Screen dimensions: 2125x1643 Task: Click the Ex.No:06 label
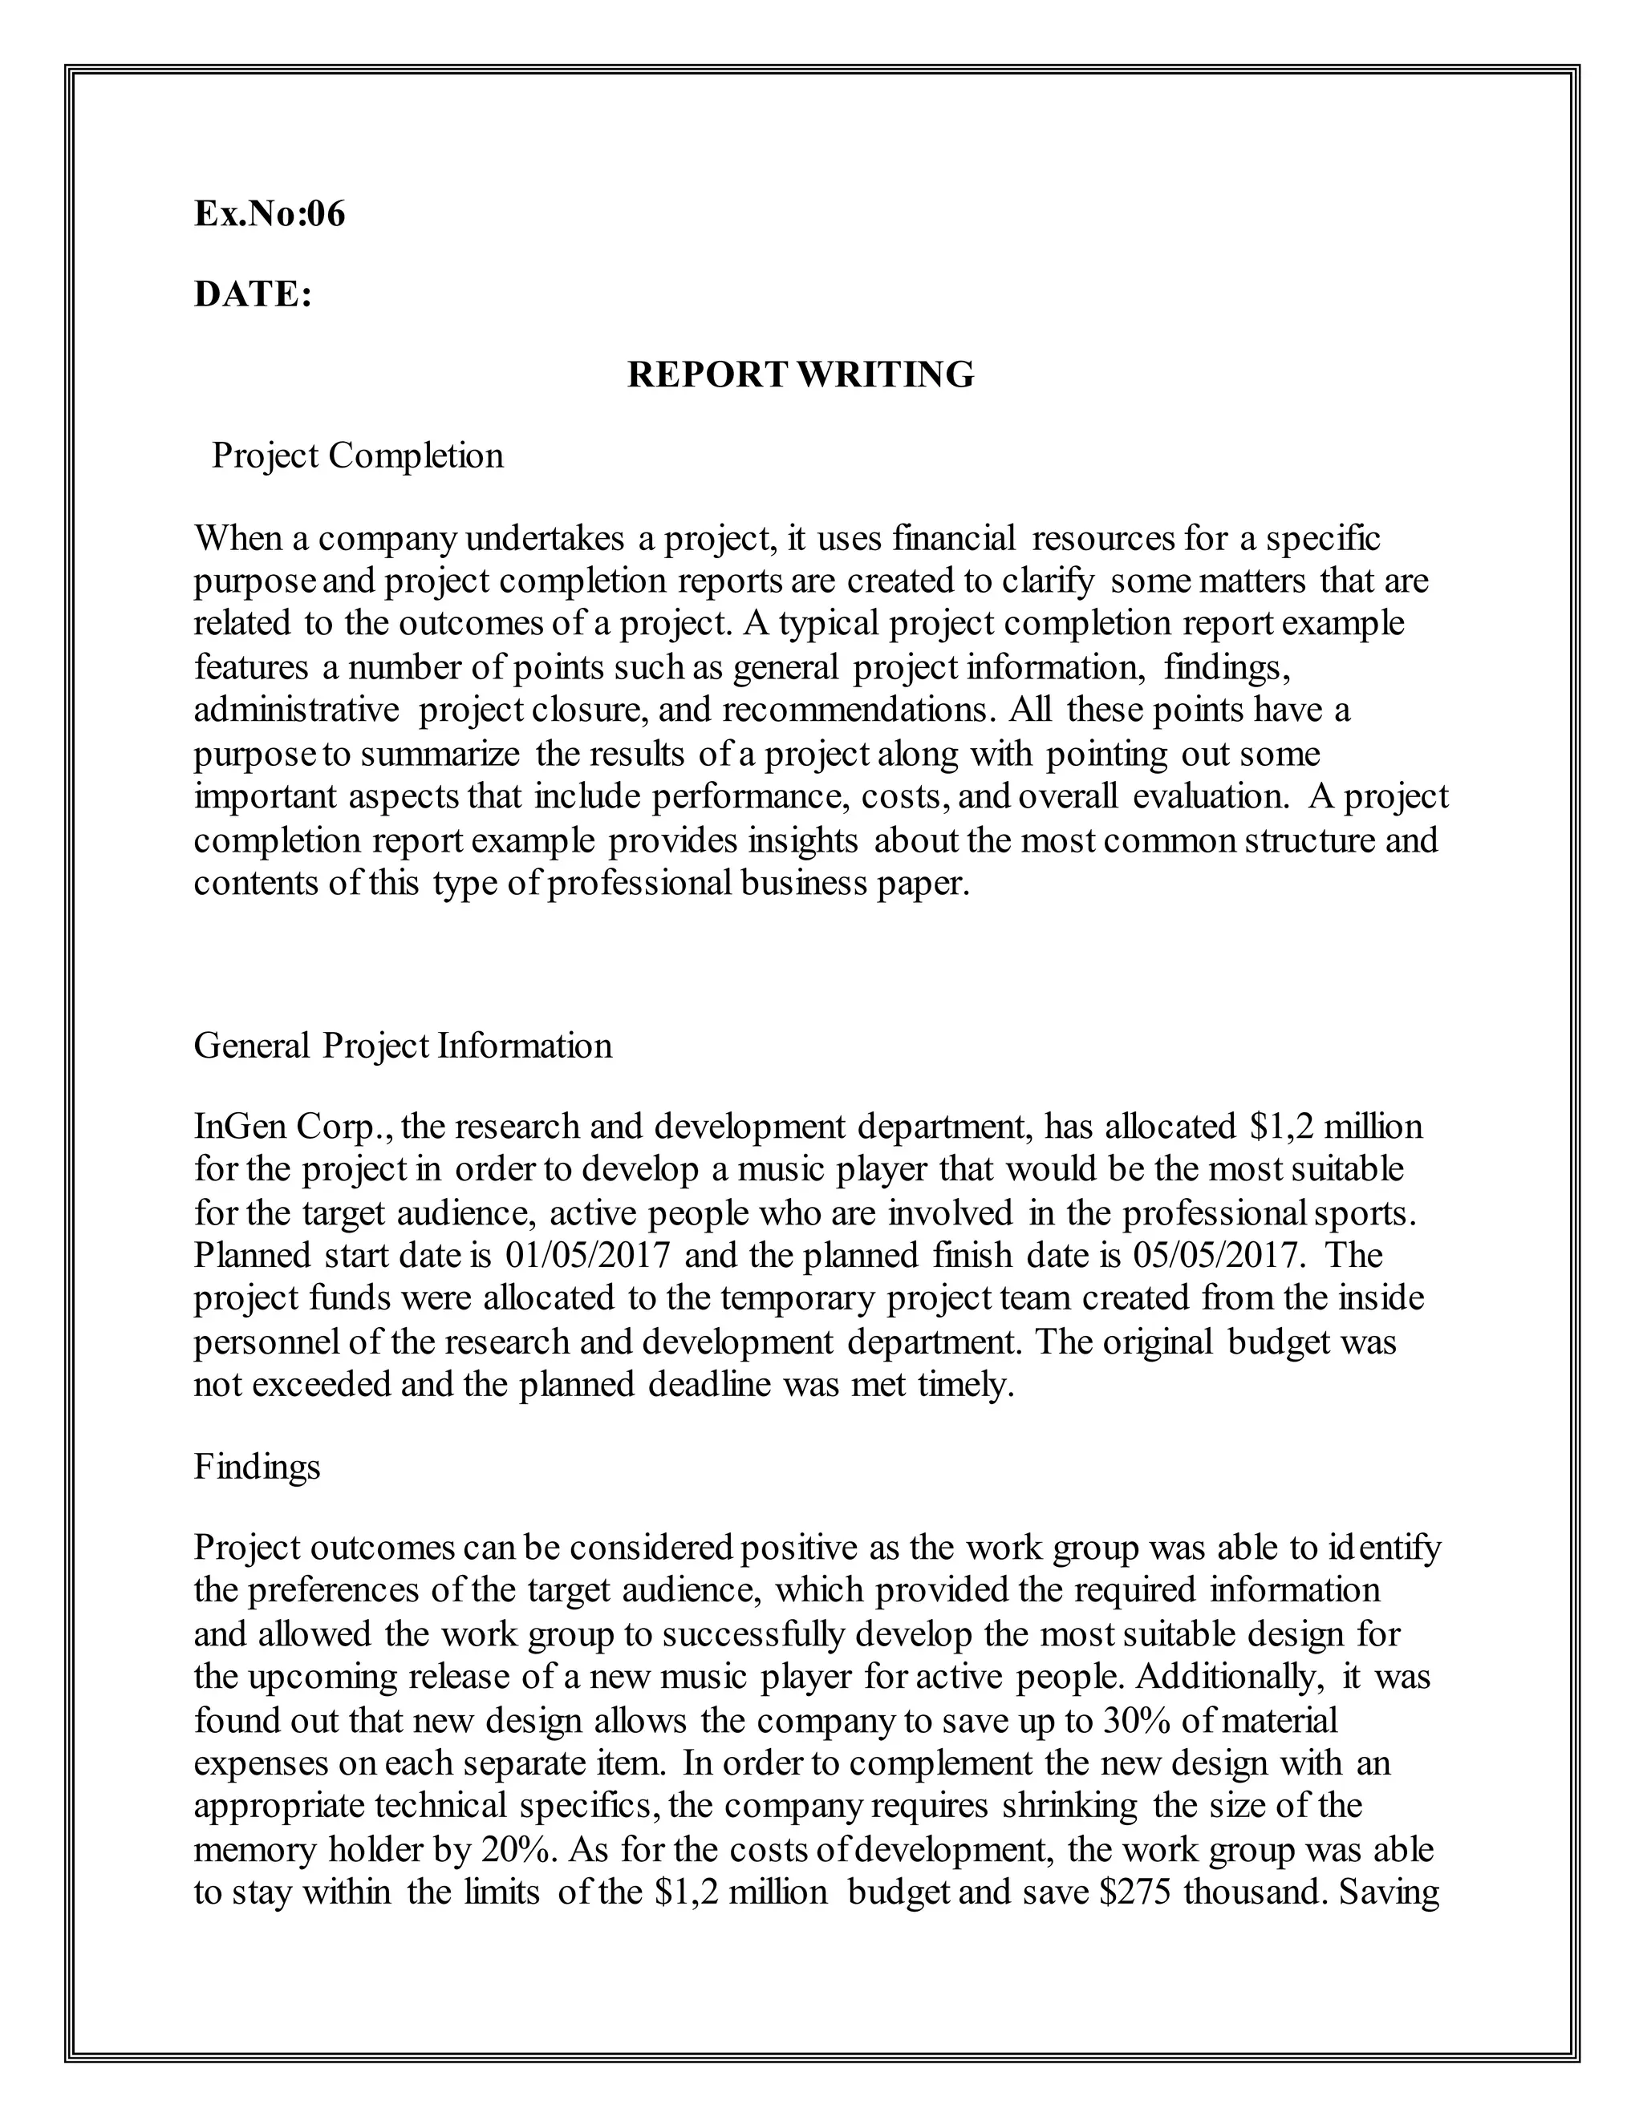270,214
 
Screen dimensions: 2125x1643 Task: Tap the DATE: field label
253,293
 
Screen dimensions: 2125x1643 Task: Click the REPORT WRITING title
800,374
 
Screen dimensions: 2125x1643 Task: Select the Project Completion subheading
357,455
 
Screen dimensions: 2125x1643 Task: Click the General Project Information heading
403,1046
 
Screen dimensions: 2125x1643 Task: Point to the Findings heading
257,1467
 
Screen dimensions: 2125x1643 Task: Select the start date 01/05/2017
588,1255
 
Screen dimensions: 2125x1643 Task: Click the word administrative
297,710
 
